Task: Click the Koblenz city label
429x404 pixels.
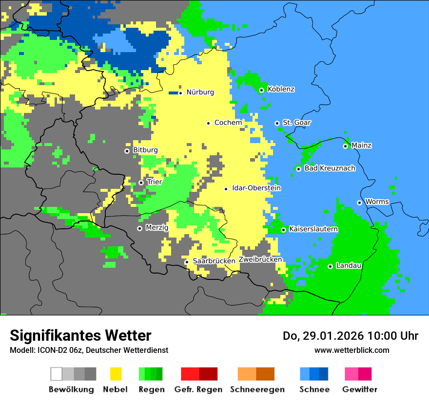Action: [x=281, y=89]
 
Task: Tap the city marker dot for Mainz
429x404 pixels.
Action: [x=345, y=146]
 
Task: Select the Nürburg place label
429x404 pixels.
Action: [x=200, y=92]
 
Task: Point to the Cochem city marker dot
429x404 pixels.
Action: [x=208, y=123]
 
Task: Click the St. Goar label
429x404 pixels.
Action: [x=296, y=123]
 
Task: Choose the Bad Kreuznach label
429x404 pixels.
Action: [x=330, y=168]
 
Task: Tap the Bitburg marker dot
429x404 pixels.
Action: [x=127, y=151]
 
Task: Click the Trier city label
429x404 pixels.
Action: [x=154, y=182]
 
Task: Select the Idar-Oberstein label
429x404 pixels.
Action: [x=256, y=188]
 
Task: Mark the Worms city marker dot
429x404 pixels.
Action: [x=359, y=202]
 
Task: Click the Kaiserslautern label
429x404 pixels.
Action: [x=313, y=229]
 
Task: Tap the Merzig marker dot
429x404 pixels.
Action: [x=139, y=228]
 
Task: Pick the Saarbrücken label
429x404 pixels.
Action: [x=214, y=261]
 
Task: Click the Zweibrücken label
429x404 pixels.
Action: [x=260, y=259]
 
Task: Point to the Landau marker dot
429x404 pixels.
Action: [x=330, y=266]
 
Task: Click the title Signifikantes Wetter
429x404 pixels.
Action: [x=80, y=336]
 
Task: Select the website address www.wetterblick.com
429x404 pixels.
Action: [x=351, y=350]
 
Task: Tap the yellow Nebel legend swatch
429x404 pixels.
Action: [x=116, y=374]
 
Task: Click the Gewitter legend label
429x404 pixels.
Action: [x=359, y=389]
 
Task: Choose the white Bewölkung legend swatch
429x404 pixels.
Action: [x=57, y=374]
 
